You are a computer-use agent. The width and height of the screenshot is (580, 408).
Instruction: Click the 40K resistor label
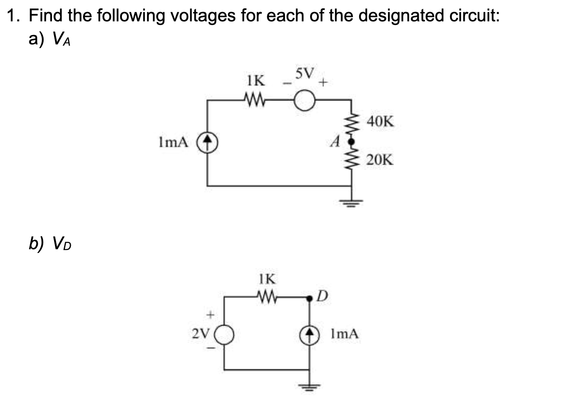pyautogui.click(x=380, y=122)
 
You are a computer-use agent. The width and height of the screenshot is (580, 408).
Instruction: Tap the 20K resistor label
pyautogui.click(x=380, y=160)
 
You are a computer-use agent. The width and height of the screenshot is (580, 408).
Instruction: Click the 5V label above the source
pyautogui.click(x=304, y=74)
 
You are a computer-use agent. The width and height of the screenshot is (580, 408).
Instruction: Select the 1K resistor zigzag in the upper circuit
pyautogui.click(x=255, y=101)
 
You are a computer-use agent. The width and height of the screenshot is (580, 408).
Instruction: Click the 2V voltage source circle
pyautogui.click(x=225, y=335)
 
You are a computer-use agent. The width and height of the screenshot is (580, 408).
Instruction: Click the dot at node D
pyautogui.click(x=310, y=298)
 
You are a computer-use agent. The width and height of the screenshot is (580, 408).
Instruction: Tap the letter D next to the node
pyautogui.click(x=321, y=297)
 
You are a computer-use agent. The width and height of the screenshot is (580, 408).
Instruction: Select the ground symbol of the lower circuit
pyautogui.click(x=310, y=386)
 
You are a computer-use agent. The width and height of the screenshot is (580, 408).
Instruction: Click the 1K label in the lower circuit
pyautogui.click(x=267, y=279)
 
